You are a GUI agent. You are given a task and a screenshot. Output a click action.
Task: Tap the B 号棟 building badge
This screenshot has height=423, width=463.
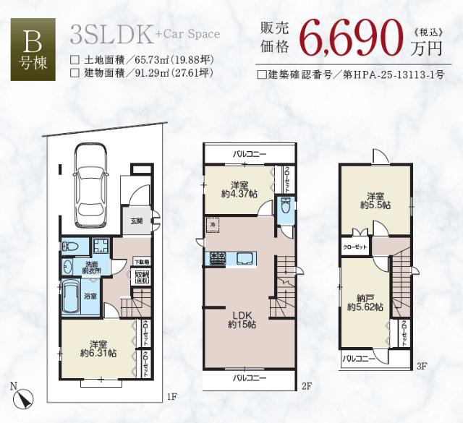[32, 51]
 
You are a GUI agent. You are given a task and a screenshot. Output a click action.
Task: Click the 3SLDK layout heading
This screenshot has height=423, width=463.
[111, 33]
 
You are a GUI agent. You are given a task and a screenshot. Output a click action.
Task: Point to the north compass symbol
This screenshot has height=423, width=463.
[24, 397]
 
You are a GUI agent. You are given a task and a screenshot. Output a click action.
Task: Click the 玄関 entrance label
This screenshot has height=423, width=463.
[137, 221]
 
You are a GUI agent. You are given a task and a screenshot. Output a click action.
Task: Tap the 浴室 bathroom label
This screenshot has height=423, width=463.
[70, 296]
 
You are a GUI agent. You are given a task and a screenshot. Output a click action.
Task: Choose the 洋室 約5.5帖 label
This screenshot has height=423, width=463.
[375, 200]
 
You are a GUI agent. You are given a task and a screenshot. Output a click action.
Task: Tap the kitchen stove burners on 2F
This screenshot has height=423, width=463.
[218, 257]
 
